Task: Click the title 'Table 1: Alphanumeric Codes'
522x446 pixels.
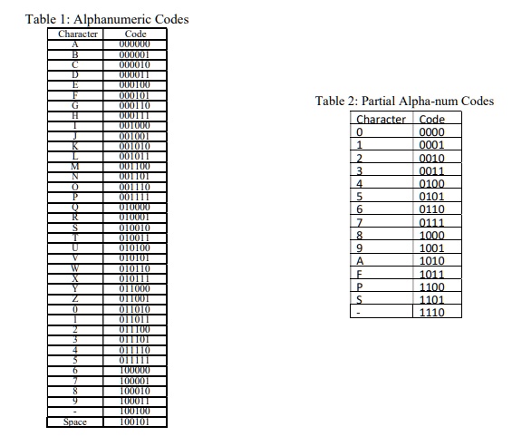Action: pos(107,19)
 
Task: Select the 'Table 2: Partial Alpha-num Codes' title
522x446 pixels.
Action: pos(404,101)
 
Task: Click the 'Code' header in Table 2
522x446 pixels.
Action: pos(433,119)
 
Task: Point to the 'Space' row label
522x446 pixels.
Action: pos(76,422)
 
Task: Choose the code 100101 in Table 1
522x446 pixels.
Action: pos(135,422)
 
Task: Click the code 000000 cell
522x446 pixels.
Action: pos(135,43)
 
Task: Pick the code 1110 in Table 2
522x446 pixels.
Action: pos(433,312)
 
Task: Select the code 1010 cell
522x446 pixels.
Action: pos(433,261)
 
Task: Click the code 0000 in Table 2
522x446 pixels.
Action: pos(433,132)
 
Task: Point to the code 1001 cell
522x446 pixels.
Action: pos(433,248)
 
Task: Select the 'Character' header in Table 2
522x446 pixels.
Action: pos(381,119)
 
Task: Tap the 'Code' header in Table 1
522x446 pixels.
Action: pos(135,34)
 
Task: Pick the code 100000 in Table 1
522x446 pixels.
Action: pos(135,371)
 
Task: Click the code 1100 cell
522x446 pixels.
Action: pos(433,286)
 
